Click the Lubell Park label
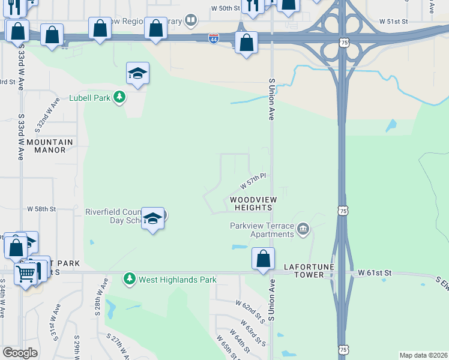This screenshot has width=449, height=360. tap(89, 97)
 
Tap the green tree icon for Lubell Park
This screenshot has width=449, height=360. tap(120, 97)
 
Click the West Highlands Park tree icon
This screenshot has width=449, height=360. tap(129, 279)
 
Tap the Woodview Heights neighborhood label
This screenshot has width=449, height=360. tap(252, 203)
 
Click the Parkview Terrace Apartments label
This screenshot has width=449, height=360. tap(262, 230)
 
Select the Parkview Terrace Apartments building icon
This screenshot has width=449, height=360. tap(303, 228)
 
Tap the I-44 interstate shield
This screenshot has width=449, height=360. tap(214, 38)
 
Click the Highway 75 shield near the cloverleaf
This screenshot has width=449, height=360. tap(343, 43)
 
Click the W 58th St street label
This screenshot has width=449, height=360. tap(41, 209)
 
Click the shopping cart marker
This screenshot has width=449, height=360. tap(26, 274)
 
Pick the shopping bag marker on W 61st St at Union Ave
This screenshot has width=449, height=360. tap(263, 259)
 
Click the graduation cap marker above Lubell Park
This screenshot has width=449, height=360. tap(137, 74)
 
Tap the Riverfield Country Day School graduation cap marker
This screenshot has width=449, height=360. tap(152, 218)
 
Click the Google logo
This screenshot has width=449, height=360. tap(20, 353)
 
